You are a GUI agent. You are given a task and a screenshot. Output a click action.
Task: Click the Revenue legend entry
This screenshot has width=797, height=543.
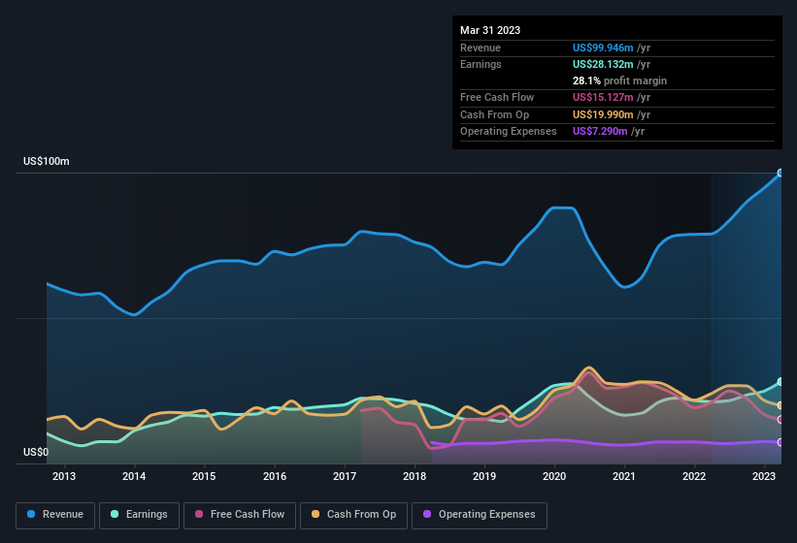[x=55, y=515]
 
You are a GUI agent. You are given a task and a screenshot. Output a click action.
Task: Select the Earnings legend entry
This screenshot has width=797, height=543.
[x=139, y=515]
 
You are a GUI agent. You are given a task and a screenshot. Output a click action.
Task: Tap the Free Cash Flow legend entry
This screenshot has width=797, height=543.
[x=240, y=515]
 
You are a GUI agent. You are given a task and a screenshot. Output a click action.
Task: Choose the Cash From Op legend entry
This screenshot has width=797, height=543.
[x=355, y=515]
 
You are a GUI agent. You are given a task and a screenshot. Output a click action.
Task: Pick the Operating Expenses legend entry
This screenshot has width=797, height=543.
[x=480, y=515]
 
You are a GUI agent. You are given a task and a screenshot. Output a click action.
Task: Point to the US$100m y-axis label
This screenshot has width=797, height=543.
[x=47, y=161]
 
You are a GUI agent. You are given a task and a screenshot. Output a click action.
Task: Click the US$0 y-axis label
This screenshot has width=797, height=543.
[x=36, y=452]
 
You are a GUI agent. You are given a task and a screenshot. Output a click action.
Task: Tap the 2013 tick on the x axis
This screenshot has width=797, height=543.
[x=64, y=476]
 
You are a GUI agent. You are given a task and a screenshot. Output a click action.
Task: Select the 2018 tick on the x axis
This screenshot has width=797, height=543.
[x=415, y=476]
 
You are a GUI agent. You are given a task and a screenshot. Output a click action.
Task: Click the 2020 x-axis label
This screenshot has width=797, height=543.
[x=554, y=476]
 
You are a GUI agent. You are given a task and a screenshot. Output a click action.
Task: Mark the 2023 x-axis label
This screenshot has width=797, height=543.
[x=764, y=476]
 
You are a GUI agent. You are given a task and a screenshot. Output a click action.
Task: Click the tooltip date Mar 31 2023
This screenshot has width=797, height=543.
[x=490, y=30]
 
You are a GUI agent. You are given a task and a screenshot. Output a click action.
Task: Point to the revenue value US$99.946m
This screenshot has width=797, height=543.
[x=603, y=47]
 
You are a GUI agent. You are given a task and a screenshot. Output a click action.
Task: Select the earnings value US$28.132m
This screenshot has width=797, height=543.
[x=603, y=64]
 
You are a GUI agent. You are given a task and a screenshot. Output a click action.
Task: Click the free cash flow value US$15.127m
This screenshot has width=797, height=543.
[x=603, y=97]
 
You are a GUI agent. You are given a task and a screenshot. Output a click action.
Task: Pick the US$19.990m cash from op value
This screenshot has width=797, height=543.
[x=603, y=114]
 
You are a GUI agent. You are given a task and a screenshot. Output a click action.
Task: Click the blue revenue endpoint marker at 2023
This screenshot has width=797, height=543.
[x=780, y=174]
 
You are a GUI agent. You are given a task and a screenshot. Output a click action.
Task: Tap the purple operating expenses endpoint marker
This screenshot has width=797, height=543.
[x=780, y=442]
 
